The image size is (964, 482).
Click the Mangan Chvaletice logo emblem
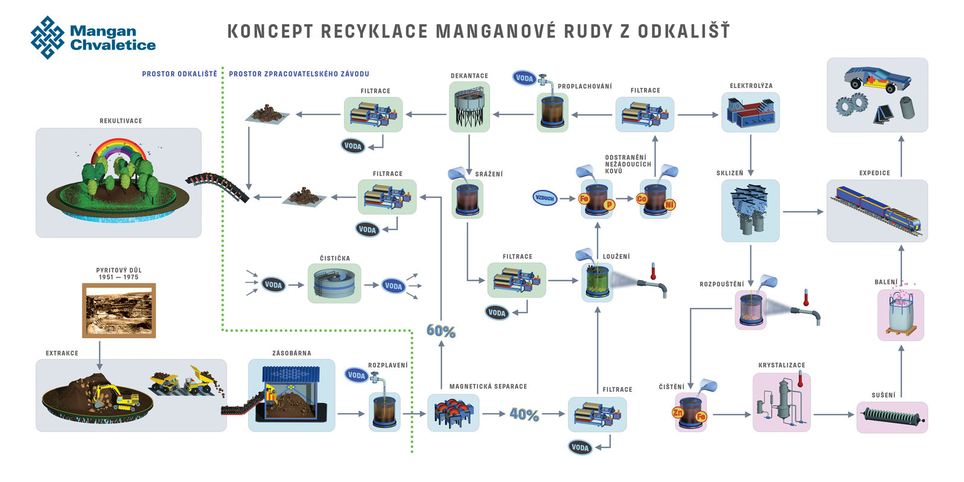point(48,37)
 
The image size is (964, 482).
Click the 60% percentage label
point(441,331)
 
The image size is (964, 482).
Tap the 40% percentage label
point(524,415)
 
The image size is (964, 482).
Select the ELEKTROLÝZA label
point(751,86)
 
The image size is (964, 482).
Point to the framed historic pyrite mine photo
point(119,311)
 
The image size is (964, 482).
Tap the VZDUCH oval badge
point(545,198)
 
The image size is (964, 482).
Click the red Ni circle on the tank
point(669,205)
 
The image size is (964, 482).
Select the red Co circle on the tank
point(642,198)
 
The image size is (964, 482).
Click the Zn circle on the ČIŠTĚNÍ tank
point(678,413)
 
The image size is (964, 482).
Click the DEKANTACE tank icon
point(469,107)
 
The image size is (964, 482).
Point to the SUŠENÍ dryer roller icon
point(892,417)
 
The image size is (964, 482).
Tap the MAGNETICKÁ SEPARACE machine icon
point(453,413)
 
